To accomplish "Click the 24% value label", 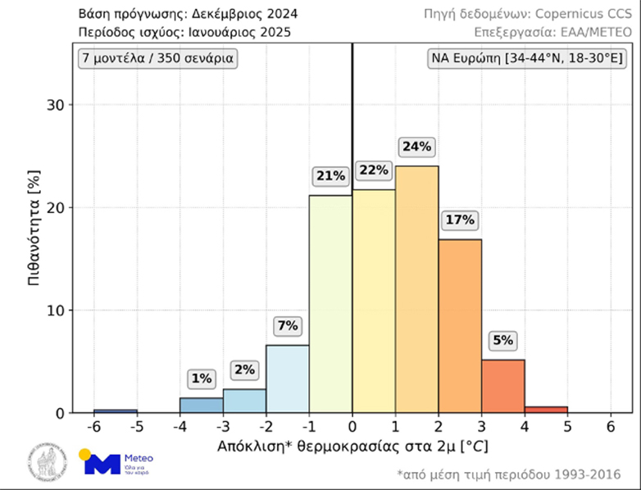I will coord(416,147).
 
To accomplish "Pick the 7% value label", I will coord(287,325).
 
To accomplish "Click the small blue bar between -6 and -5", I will coord(115,411).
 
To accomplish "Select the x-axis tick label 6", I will coord(610,428).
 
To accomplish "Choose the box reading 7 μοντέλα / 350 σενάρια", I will coord(157,59).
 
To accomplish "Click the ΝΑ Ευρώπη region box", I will coord(528,59).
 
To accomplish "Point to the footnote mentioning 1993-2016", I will coord(507,474).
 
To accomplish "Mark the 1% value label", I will coord(201,379).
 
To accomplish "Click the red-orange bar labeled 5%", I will coord(502,386).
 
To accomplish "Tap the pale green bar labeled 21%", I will coord(330,304).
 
